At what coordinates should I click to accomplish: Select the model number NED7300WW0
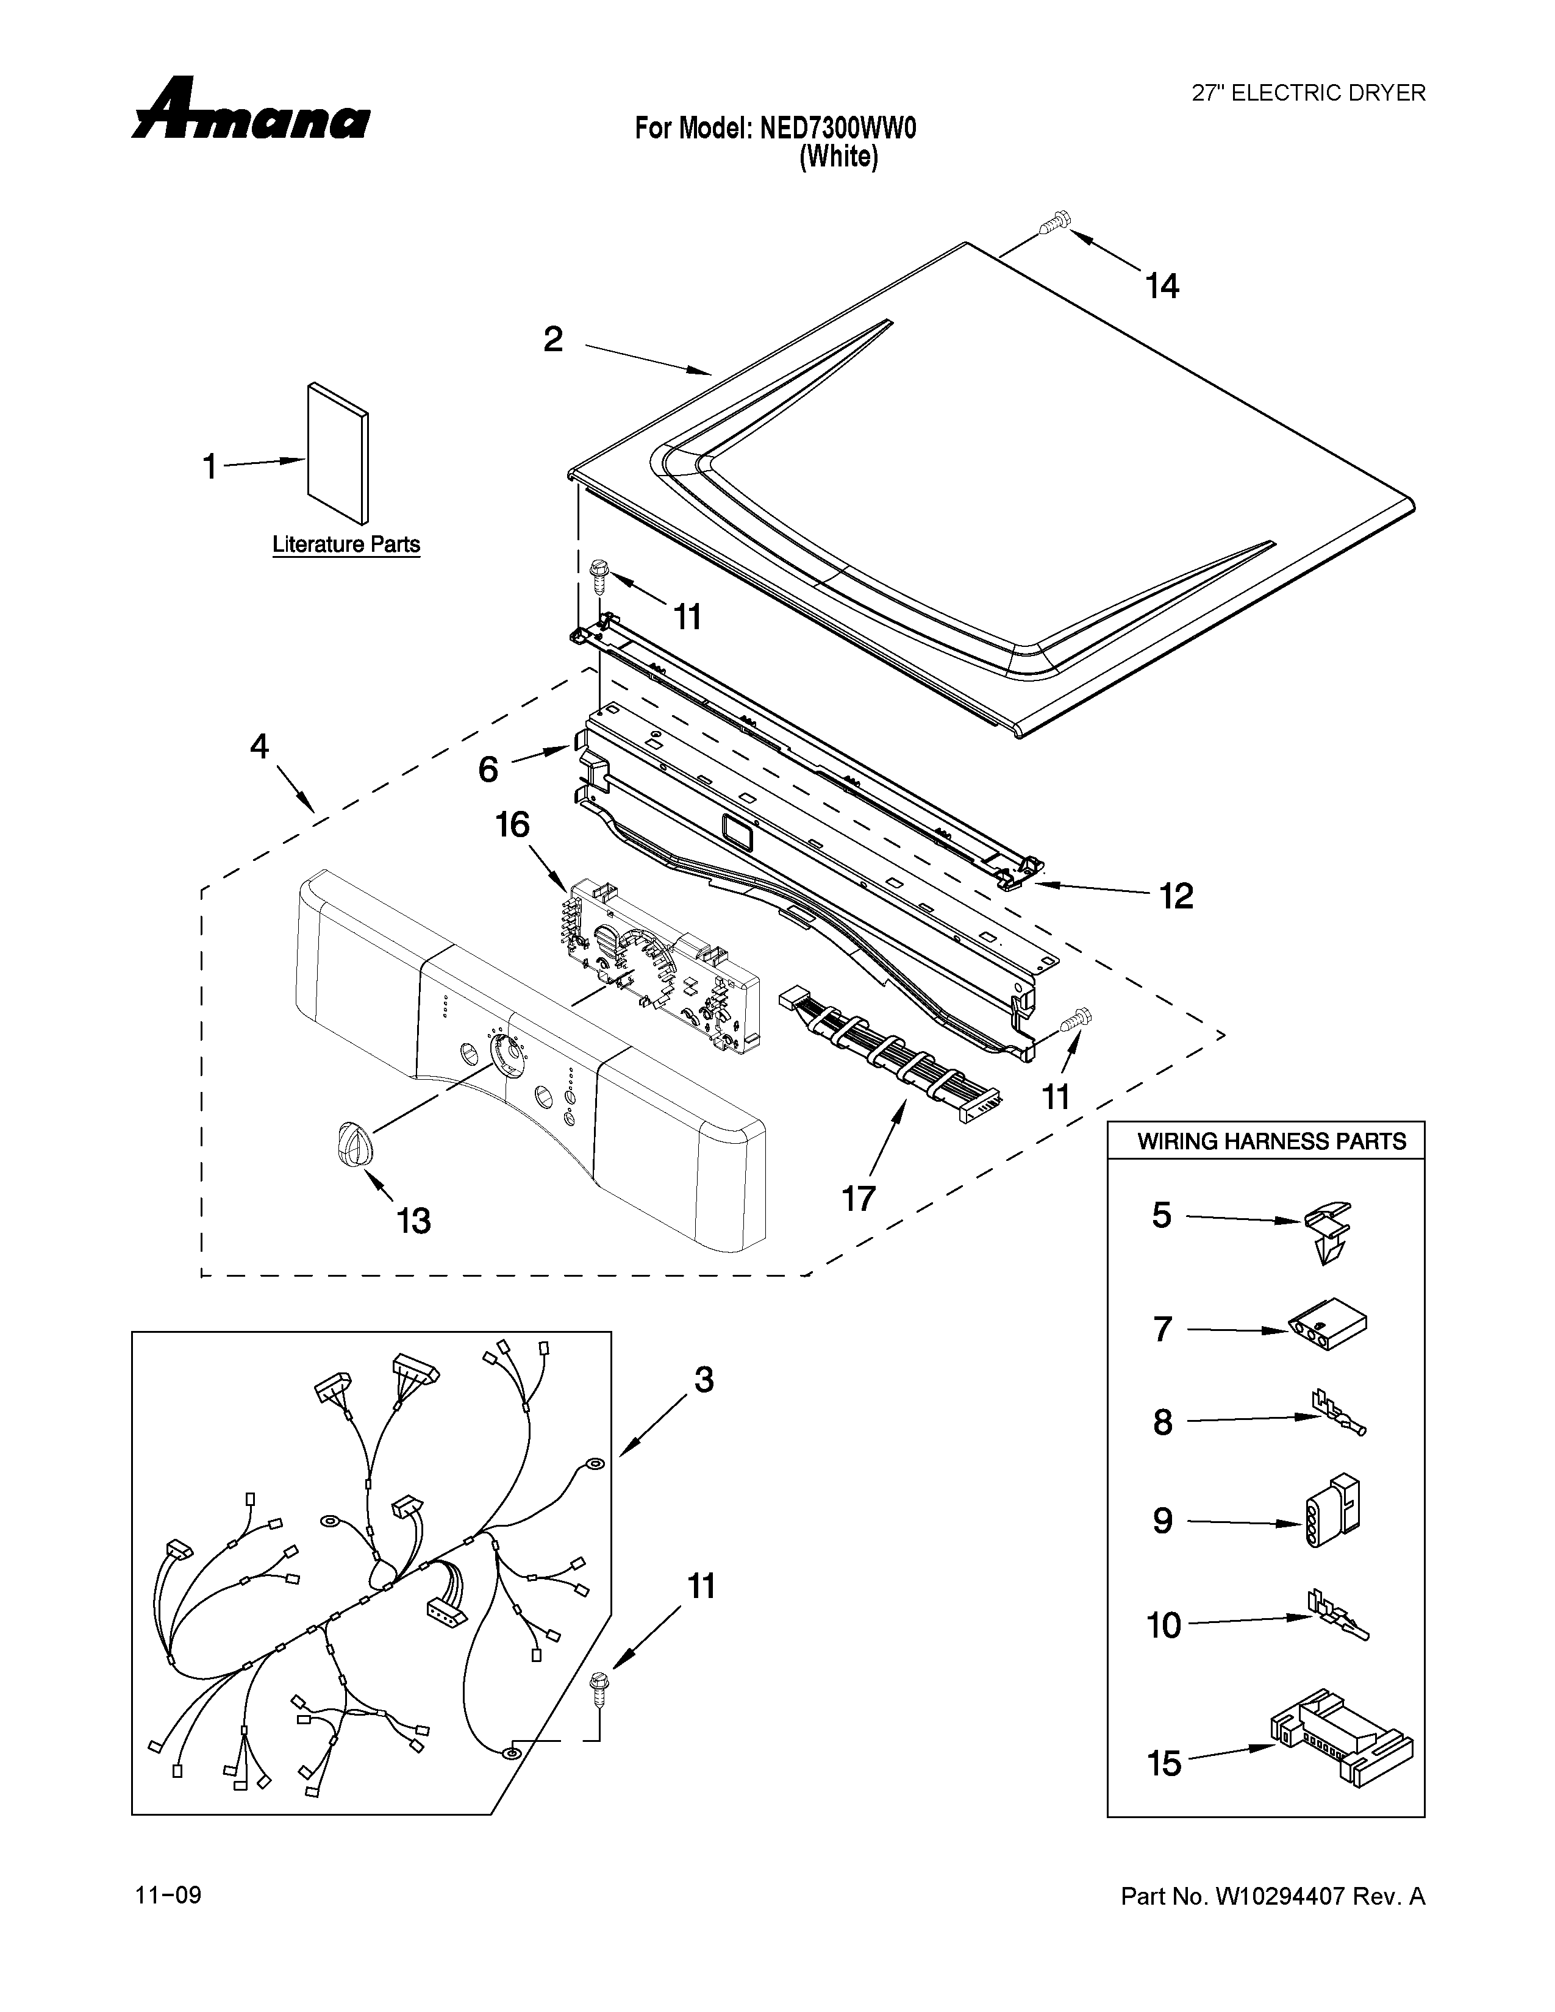tap(838, 128)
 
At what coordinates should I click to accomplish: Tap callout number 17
tap(859, 1197)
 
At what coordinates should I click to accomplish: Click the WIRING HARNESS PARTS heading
tap(1271, 1141)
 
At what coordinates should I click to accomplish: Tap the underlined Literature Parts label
tap(346, 544)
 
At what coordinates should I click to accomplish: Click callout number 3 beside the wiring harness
tap(704, 1405)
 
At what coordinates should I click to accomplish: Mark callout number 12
tap(1176, 896)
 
